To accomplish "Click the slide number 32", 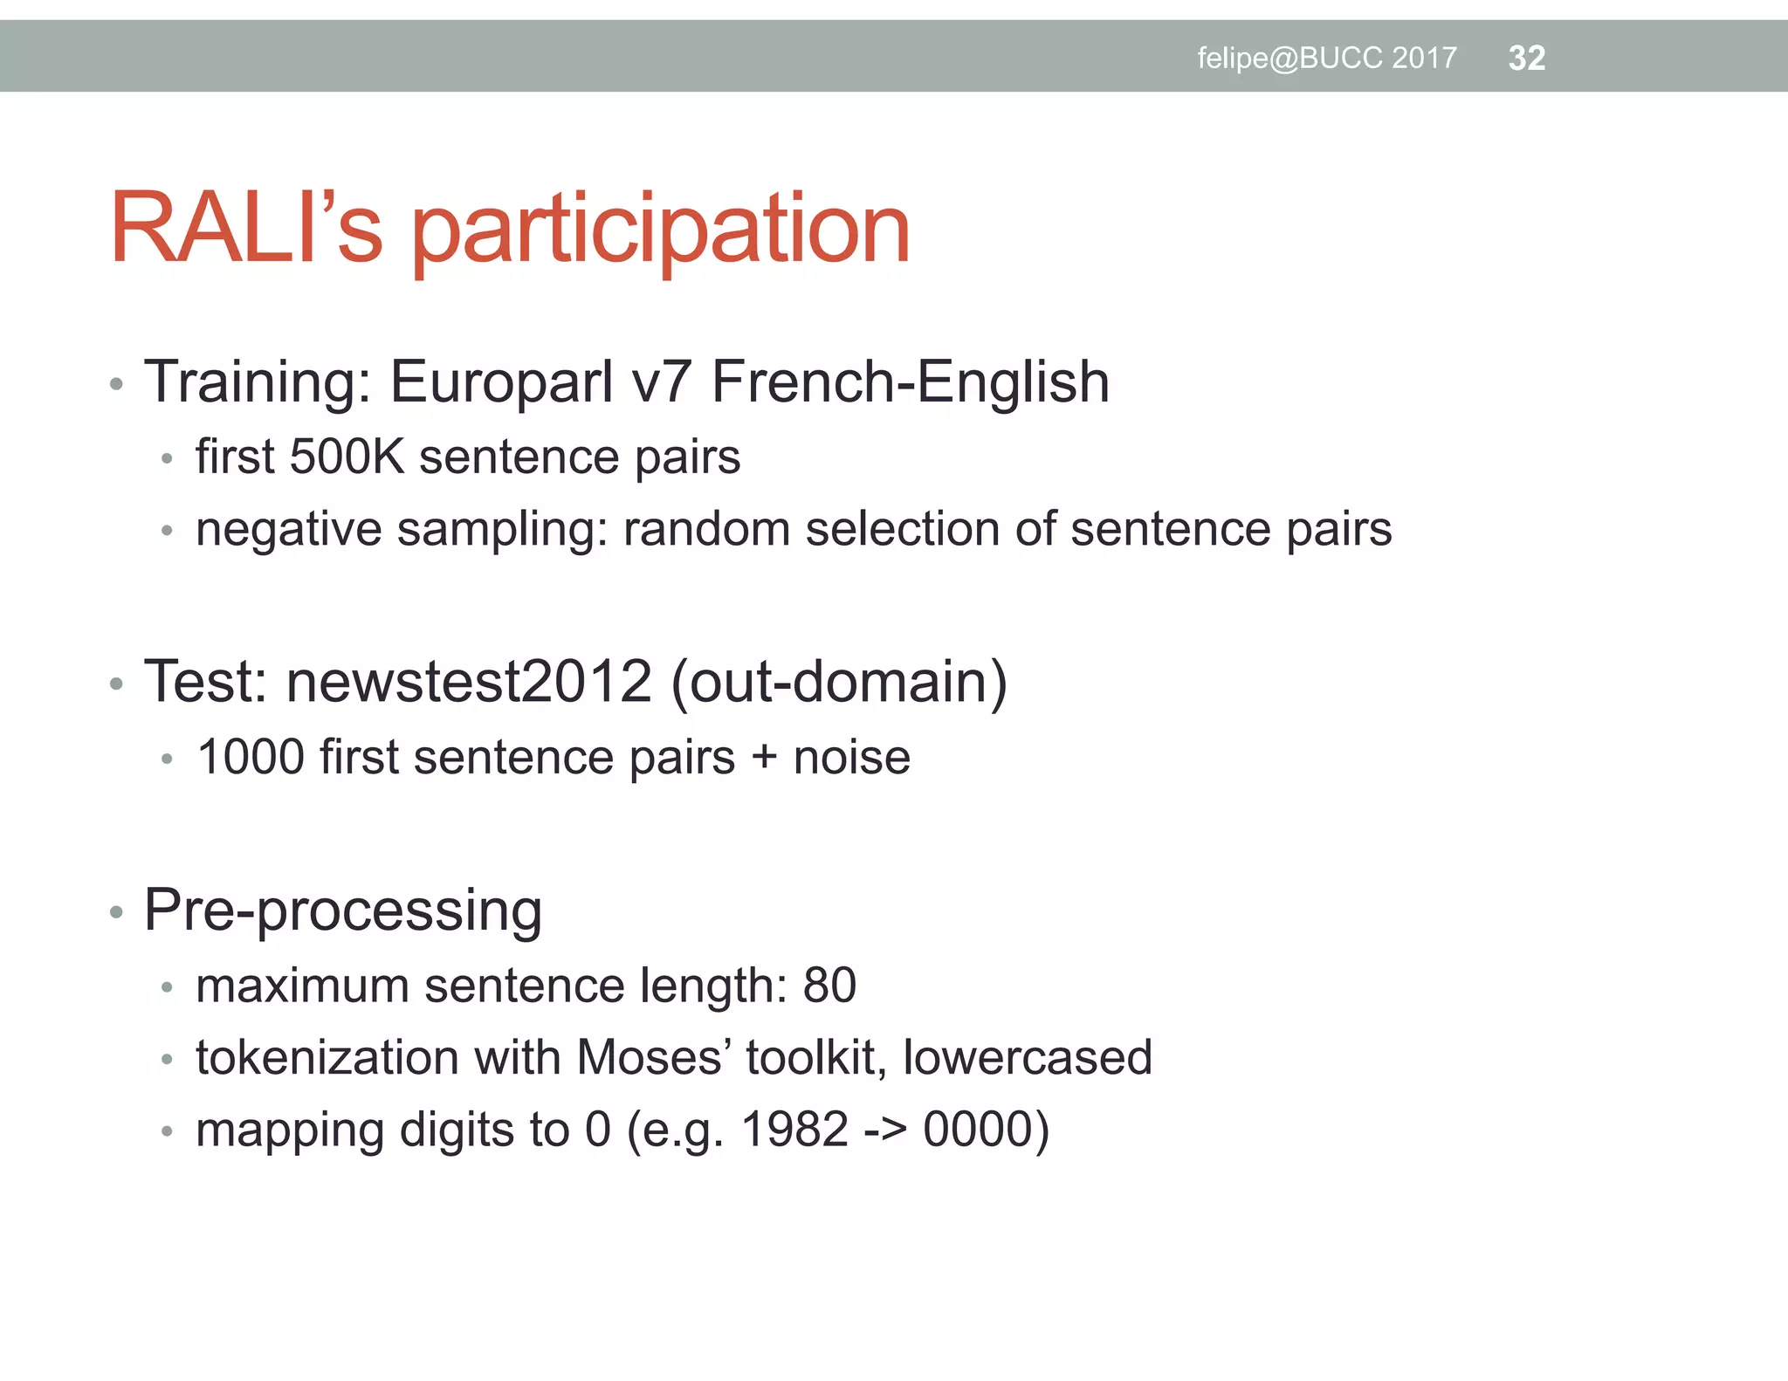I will click(1526, 58).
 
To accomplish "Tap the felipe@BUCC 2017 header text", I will click(1326, 58).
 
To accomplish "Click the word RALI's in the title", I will click(246, 229).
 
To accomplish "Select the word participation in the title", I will click(661, 230).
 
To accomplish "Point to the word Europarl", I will click(501, 382).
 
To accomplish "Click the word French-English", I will click(911, 382).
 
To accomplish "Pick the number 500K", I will click(347, 457).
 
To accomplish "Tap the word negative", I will click(288, 530).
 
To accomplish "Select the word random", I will click(706, 529).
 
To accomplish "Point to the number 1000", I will click(251, 757).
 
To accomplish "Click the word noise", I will click(851, 757).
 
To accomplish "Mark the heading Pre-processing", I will click(343, 910).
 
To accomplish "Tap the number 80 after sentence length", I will click(829, 986).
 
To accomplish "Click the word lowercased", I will click(1028, 1058).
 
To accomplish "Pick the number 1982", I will click(794, 1130).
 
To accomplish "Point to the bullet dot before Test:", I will click(117, 684).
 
